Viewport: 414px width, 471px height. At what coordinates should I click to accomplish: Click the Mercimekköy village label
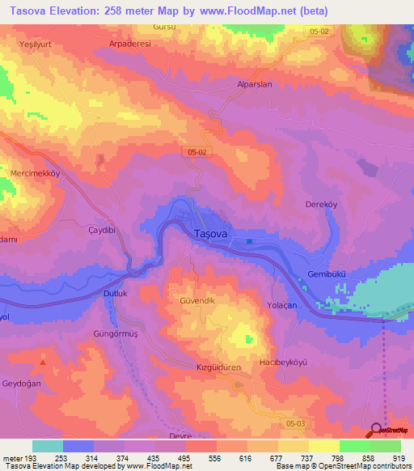[x=36, y=174]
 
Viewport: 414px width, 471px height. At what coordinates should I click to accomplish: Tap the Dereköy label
[x=321, y=205]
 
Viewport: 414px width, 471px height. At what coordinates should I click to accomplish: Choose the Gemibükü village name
[x=327, y=275]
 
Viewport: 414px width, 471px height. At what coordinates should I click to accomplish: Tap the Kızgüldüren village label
[x=209, y=367]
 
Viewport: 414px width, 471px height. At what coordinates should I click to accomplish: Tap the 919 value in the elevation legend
[x=399, y=458]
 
